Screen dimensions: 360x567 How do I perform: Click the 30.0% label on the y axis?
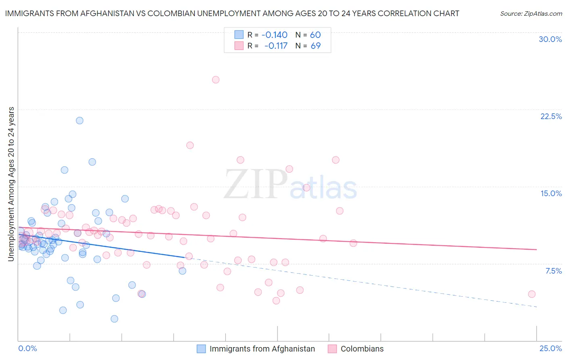(550, 39)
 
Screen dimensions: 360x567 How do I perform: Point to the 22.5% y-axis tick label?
(551, 116)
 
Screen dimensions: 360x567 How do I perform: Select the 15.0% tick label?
(551, 193)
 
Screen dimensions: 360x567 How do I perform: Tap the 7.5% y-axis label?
(553, 271)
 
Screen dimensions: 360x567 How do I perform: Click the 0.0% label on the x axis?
(27, 348)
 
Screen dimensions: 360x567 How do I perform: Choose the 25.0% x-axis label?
(550, 348)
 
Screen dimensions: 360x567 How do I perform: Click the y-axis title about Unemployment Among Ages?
(11, 184)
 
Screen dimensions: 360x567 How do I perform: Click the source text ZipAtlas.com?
(531, 14)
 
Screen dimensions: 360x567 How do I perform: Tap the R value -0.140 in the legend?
(274, 35)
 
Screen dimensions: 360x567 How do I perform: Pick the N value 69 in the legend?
(315, 46)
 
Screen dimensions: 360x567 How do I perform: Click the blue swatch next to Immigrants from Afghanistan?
(201, 349)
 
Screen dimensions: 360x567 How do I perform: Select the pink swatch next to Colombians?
(332, 349)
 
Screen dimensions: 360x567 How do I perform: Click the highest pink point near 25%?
(216, 80)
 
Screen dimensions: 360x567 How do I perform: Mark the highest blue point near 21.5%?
(79, 121)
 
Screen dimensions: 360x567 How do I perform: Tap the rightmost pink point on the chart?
(532, 294)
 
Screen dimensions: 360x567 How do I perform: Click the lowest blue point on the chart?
(115, 319)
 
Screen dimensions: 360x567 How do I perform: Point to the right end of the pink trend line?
(536, 249)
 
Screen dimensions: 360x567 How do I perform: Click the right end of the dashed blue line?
(536, 307)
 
